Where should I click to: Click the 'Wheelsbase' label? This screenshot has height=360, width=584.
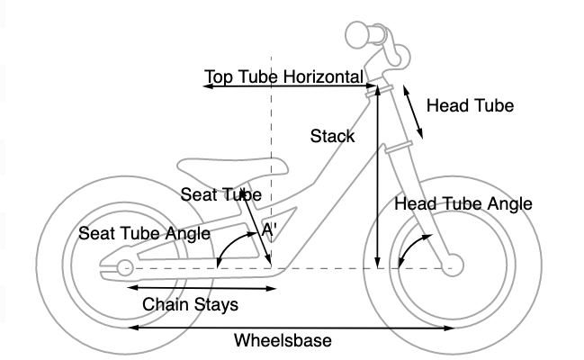[x=283, y=341]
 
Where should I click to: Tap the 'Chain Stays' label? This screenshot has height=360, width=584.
[x=191, y=304]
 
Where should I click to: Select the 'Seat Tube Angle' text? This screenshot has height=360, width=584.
[x=144, y=233]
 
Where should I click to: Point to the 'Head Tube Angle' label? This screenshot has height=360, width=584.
[x=463, y=204]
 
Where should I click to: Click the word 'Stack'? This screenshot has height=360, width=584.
[x=332, y=137]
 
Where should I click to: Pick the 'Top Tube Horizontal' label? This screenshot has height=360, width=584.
[x=283, y=76]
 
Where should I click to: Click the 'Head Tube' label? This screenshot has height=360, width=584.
[x=470, y=106]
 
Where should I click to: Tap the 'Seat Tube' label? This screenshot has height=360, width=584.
[x=220, y=194]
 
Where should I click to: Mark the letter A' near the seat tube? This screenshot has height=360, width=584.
[x=267, y=230]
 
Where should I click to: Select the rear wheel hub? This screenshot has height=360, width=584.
[x=124, y=267]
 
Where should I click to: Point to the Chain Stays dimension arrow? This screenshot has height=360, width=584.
[x=202, y=289]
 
